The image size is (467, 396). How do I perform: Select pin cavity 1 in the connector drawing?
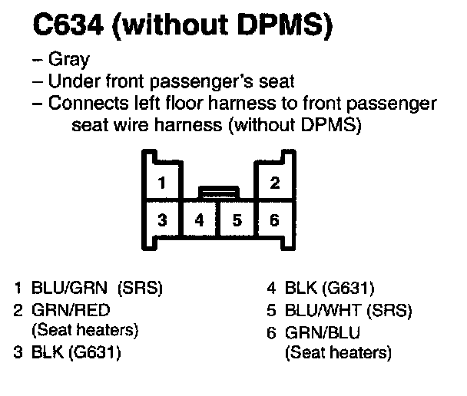tap(161, 183)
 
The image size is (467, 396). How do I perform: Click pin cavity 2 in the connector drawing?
tap(274, 183)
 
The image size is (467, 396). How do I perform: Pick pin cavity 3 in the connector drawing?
tap(161, 220)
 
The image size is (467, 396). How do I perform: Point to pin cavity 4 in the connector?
tap(200, 220)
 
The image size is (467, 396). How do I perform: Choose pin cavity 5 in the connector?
tap(237, 220)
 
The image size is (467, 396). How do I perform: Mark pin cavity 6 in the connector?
tap(274, 220)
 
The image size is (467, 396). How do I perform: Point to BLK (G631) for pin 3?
tap(76, 353)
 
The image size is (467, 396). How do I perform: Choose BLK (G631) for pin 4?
tap(330, 289)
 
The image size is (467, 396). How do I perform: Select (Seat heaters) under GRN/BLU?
tap(337, 353)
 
